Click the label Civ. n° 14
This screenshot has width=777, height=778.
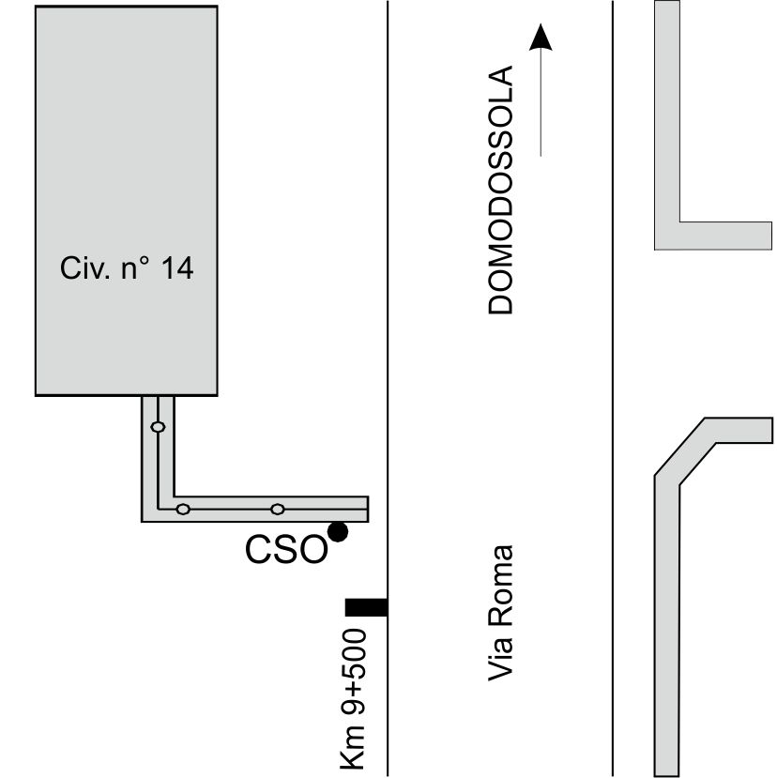coord(127,268)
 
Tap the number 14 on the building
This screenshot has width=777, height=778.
coord(177,268)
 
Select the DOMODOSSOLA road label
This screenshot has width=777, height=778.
coord(500,190)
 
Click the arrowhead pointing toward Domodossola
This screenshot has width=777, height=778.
coord(541,37)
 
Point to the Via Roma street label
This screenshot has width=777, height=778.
coord(500,613)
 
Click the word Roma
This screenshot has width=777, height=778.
coord(500,586)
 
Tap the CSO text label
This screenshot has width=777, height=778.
coord(287,550)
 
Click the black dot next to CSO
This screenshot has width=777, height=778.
coord(338,532)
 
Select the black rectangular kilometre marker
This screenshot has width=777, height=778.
coord(366,607)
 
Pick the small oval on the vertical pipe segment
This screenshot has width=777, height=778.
coord(158,427)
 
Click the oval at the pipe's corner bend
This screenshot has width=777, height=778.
coord(183,509)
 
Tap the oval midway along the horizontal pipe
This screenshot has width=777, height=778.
coord(278,509)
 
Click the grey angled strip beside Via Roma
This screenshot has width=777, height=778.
coord(667,595)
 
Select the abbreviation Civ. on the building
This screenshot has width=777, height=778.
coord(84,268)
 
